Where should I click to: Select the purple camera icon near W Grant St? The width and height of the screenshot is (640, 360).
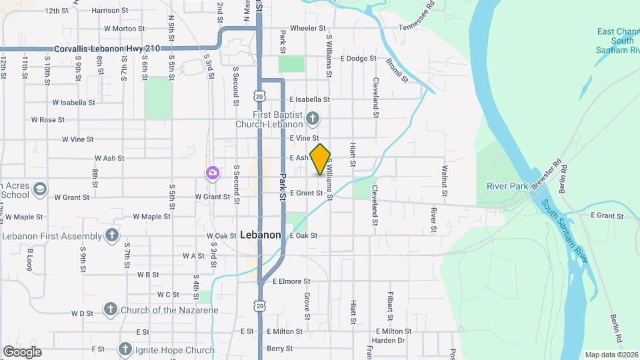tap(213, 174)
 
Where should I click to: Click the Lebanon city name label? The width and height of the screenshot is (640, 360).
tap(260, 235)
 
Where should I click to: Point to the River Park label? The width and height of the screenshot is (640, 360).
tap(507, 185)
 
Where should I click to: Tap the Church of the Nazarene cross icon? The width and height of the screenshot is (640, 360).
tap(111, 309)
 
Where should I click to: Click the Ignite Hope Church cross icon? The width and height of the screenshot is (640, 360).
tap(125, 349)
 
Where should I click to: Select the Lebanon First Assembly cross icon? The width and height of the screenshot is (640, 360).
tap(111, 235)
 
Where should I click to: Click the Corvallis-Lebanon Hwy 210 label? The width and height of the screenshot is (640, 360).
tap(107, 49)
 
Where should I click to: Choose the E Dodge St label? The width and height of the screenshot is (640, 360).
tap(359, 59)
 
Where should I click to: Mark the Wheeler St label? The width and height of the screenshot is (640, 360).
tap(307, 29)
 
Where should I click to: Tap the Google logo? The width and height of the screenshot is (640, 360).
tap(22, 352)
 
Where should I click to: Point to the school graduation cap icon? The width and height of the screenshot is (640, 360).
tap(40, 189)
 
